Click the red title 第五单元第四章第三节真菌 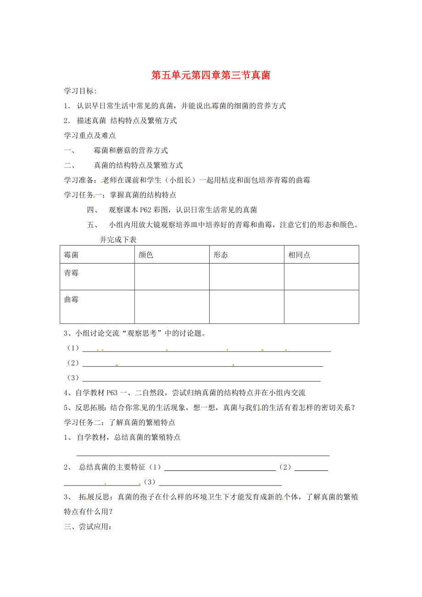click(211, 75)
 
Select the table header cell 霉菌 click(72, 255)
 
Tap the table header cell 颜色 click(146, 255)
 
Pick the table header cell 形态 click(221, 255)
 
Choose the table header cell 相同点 click(299, 255)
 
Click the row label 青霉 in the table click(72, 273)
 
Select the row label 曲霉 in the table click(72, 299)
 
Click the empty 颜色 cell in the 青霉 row click(172, 276)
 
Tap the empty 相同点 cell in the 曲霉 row click(321, 306)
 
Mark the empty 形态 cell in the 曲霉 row click(246, 306)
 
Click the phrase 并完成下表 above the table click(118, 240)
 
